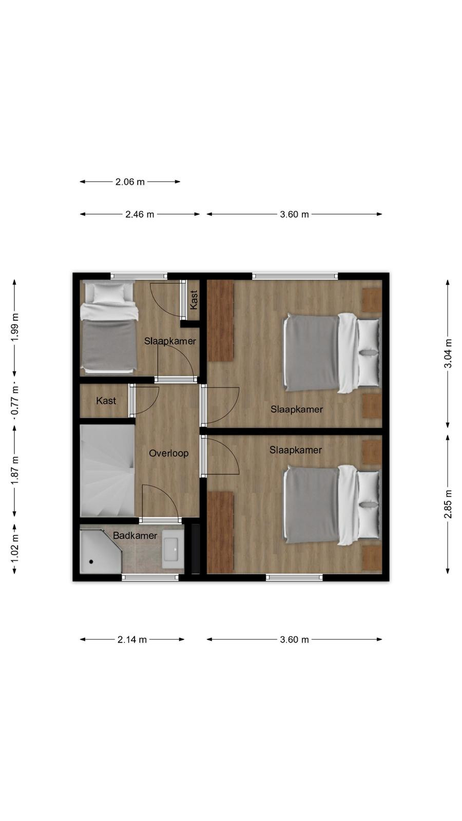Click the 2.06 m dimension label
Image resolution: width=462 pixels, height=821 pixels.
click(x=130, y=182)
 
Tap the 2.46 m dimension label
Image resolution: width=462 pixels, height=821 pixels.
click(x=140, y=214)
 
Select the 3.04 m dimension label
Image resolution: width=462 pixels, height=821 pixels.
click(x=448, y=354)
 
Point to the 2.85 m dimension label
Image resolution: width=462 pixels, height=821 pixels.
click(x=448, y=504)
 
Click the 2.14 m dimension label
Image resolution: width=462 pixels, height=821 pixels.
click(x=132, y=639)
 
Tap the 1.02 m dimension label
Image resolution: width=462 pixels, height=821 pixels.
click(x=15, y=549)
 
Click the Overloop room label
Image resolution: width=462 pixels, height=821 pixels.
click(x=169, y=454)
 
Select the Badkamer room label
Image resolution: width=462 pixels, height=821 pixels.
click(x=135, y=536)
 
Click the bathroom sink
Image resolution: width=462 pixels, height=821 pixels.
click(x=172, y=549)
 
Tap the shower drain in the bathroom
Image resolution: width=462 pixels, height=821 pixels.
click(x=91, y=561)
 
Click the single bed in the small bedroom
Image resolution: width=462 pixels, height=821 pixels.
click(x=108, y=326)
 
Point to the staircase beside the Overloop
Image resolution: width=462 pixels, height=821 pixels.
click(x=107, y=471)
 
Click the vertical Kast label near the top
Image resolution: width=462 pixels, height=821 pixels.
click(x=194, y=300)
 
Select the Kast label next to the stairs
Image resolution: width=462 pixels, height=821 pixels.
click(x=106, y=401)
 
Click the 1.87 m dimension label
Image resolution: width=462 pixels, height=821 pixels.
click(x=15, y=471)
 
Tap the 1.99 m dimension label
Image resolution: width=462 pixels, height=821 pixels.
click(x=15, y=327)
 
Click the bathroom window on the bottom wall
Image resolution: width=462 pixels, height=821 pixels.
click(x=150, y=577)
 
